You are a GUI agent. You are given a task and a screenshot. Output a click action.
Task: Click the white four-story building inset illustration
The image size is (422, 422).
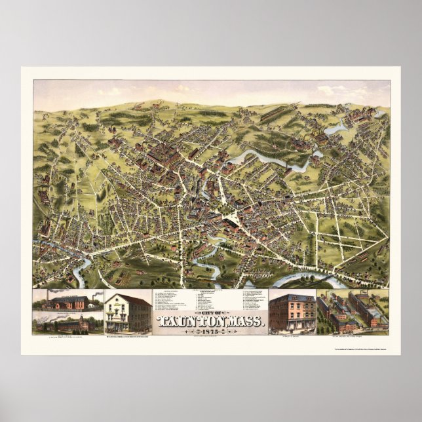pos(128,312)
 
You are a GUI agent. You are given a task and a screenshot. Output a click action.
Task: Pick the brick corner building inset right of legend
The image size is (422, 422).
pos(292,313)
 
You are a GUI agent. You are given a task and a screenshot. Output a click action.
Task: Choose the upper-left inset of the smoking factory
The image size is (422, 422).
pos(68,301)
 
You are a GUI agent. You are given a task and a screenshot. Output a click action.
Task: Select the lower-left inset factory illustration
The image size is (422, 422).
pos(68,324)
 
